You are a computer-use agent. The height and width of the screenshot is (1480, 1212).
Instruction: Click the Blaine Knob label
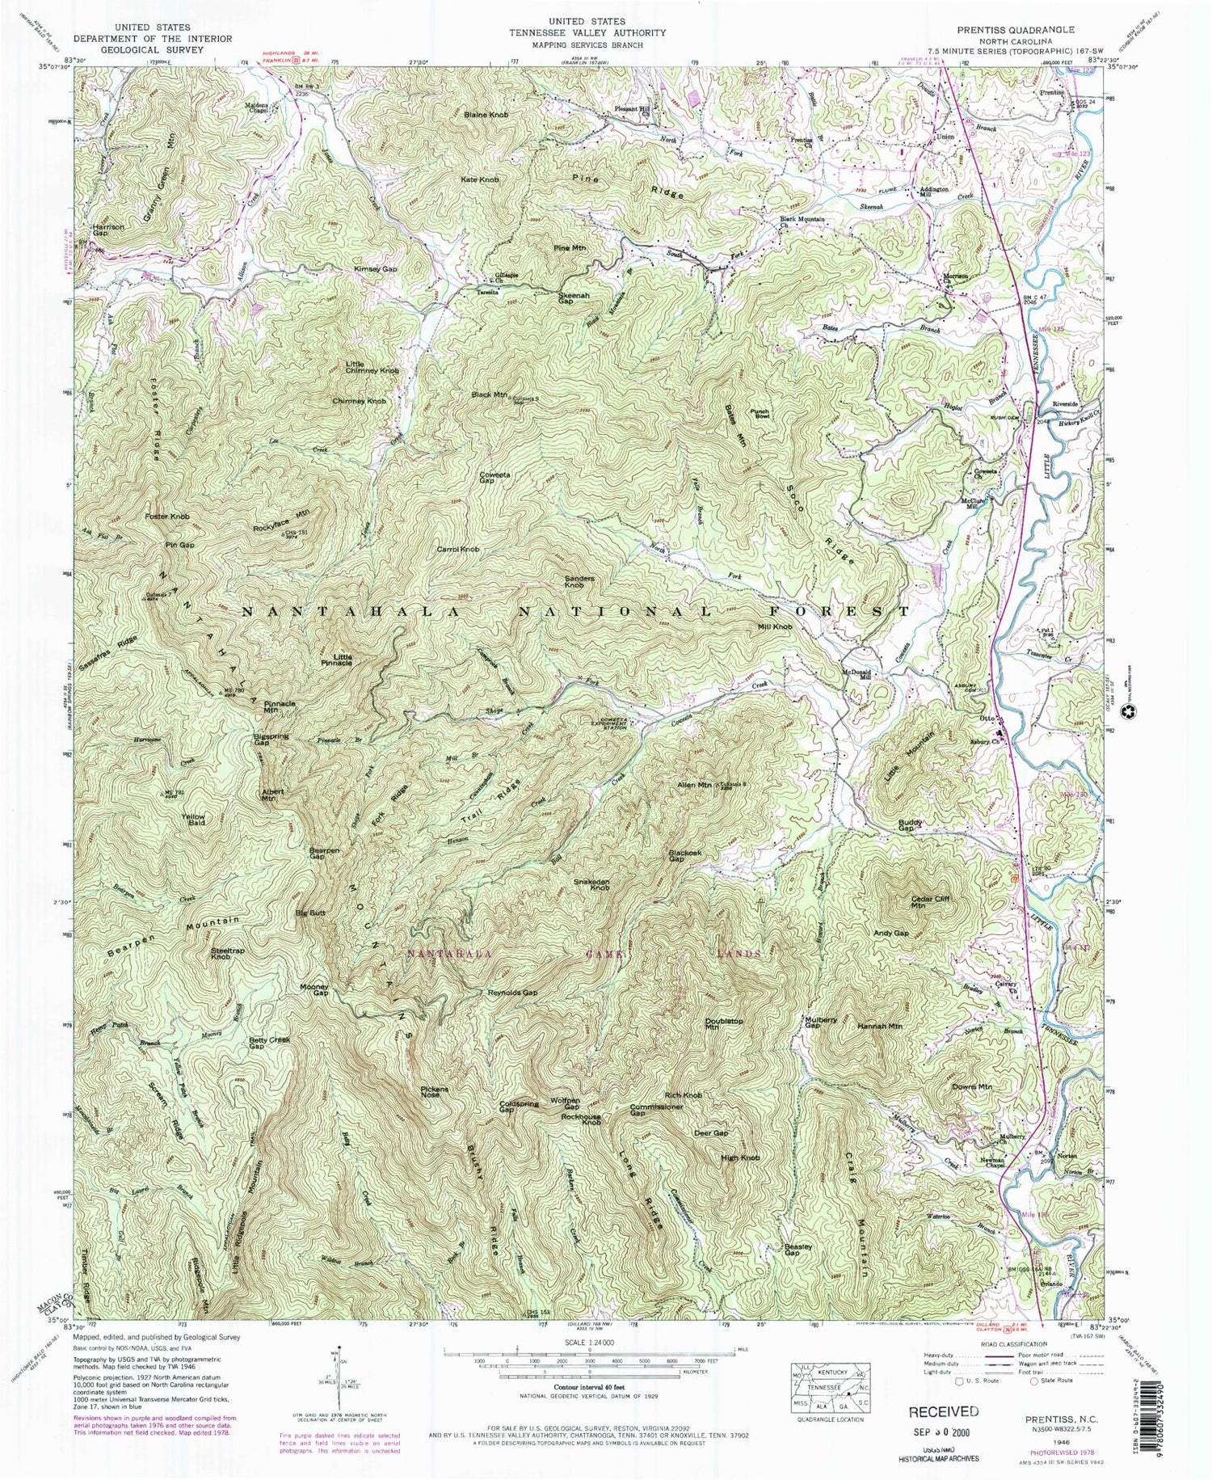point(486,116)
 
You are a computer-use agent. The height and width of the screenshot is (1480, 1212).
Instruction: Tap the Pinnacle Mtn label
point(280,706)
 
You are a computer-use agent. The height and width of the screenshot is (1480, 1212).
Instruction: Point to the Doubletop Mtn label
point(724,1024)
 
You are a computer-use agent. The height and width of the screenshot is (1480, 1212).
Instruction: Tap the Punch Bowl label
point(760,414)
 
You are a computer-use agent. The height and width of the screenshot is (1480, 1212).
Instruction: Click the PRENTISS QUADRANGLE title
point(1016,29)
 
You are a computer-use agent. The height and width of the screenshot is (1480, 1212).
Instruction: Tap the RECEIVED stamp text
point(943,1411)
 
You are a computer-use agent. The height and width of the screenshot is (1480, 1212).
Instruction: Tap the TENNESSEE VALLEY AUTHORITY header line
point(607,33)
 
